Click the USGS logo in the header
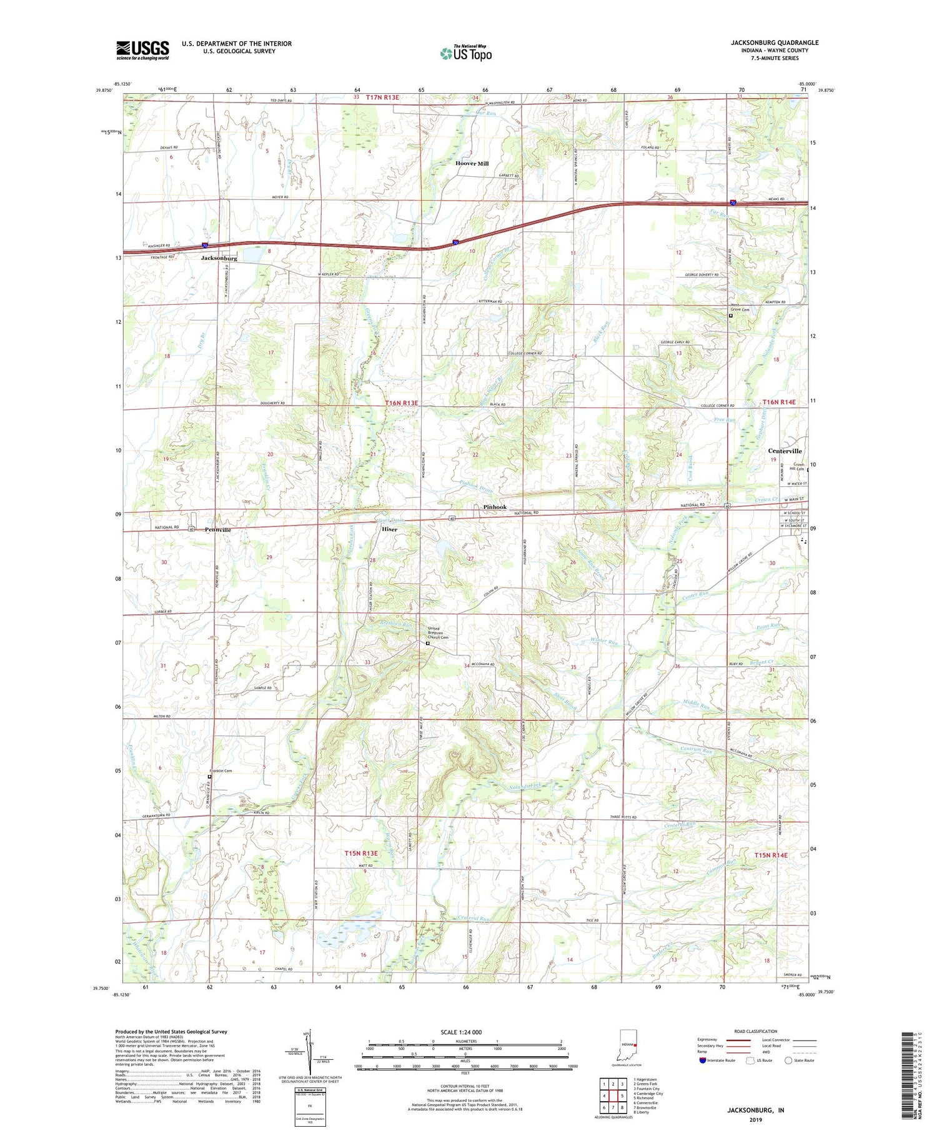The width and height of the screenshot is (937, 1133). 142,50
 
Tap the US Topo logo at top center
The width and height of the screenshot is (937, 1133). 466,53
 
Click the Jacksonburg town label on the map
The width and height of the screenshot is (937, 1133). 219,258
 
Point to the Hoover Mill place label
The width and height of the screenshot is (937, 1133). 472,163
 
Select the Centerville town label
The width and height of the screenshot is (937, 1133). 785,451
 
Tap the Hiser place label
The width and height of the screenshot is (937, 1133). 389,529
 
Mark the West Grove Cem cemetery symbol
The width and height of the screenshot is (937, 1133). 731,316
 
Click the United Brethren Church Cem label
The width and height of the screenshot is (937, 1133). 438,632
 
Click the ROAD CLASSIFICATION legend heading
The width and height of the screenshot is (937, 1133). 756,1031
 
